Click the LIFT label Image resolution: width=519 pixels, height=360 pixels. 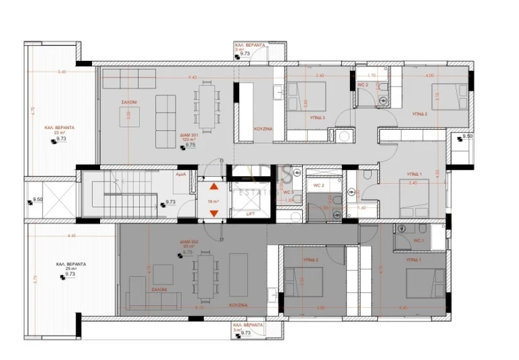tap(250, 213)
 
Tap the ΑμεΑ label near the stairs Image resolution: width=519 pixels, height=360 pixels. tap(181, 174)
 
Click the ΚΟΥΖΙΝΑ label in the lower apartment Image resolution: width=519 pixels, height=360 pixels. tap(237, 305)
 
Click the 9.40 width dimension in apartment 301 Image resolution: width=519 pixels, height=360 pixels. tap(193, 78)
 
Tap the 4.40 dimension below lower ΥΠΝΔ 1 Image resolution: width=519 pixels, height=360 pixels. tap(403, 307)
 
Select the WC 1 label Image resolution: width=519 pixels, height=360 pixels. tap(418, 240)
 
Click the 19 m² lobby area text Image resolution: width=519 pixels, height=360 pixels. tap(214, 201)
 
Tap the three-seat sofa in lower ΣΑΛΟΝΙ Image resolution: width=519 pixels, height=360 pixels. tap(153, 301)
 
